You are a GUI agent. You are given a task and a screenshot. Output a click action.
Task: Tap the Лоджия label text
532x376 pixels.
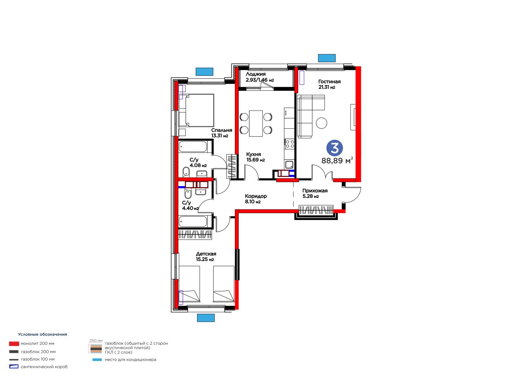pos(256,74)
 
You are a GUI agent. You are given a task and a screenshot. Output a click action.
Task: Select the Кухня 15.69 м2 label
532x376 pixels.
pos(255,157)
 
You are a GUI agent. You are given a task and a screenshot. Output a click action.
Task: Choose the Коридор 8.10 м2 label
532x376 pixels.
pos(256,199)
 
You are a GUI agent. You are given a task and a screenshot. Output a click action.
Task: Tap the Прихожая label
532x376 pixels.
pos(315,191)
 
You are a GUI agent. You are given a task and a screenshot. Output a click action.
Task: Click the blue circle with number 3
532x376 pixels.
pos(334,148)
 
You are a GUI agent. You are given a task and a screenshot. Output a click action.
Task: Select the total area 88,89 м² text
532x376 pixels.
pos(337,161)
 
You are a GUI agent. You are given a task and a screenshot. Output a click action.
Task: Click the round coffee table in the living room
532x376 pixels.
pos(321,123)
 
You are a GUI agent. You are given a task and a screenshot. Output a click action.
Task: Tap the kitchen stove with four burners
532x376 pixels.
pos(290,144)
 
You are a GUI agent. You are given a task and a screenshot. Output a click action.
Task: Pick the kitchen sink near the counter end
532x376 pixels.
pos(289,164)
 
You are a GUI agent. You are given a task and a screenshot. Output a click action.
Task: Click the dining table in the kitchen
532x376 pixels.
pos(256,123)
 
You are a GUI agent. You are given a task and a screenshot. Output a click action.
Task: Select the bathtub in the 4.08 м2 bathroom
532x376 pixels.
pos(193,147)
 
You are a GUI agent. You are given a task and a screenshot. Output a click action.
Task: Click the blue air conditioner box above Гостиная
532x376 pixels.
pos(327,58)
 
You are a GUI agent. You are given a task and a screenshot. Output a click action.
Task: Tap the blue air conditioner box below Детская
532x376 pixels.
pos(206,318)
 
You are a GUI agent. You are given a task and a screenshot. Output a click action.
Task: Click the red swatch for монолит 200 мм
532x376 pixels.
pos(14,343)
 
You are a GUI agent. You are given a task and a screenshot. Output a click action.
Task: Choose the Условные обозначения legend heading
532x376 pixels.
pos(43,334)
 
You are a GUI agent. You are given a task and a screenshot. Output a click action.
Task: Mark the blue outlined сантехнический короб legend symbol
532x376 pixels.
pos(14,366)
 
